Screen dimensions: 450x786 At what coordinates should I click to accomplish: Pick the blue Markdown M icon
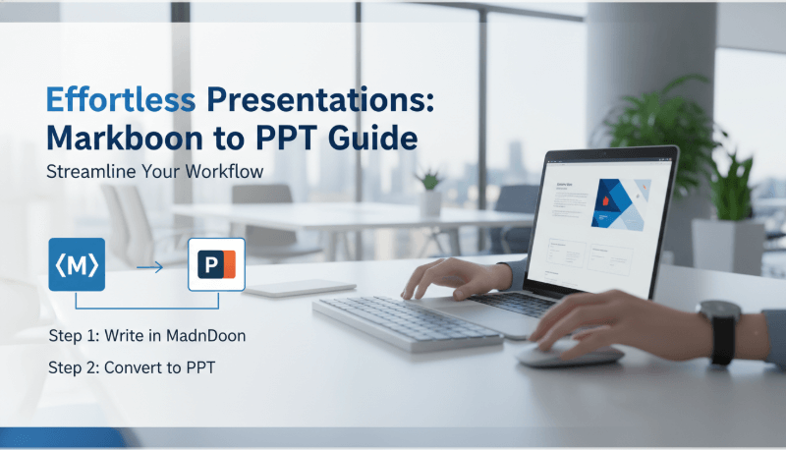76,263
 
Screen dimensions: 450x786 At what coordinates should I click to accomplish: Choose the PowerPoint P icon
216,265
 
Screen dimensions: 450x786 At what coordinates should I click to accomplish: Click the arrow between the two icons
148,266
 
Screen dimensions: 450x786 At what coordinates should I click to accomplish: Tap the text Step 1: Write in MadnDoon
146,336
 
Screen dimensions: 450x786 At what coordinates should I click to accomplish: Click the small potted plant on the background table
428,191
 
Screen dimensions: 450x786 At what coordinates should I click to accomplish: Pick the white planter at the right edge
727,245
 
